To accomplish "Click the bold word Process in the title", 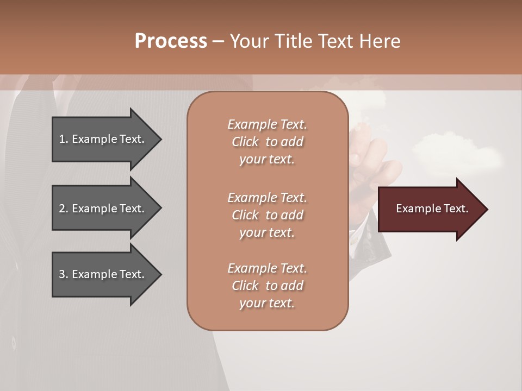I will tap(171, 41).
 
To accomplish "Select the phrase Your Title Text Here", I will tap(315, 41).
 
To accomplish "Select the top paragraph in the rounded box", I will tap(267, 142).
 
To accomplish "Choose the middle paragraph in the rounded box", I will tap(267, 215).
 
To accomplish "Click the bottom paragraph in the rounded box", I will tap(267, 286).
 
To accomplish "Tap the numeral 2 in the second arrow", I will tap(62, 209).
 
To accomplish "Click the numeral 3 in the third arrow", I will tap(62, 274).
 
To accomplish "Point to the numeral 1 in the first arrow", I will tap(62, 139).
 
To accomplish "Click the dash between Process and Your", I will tap(219, 42).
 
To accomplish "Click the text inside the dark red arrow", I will tap(432, 209).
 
